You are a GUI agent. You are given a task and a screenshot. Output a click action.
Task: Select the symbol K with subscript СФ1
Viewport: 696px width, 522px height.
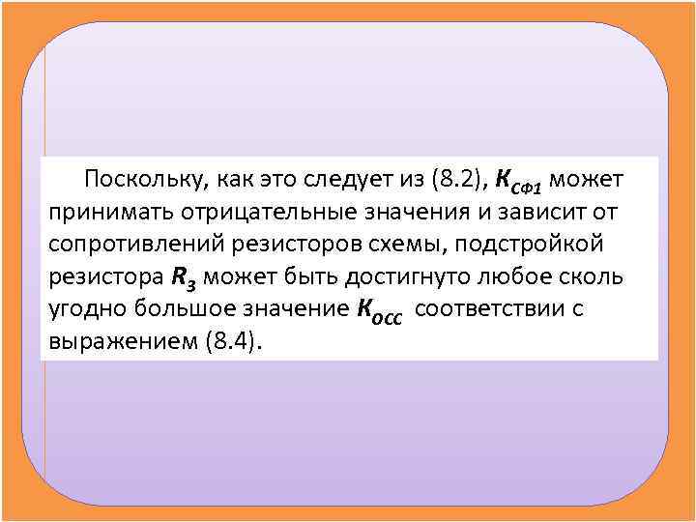[518, 182]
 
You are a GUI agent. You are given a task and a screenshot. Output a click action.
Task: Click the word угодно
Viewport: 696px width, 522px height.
[86, 309]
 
